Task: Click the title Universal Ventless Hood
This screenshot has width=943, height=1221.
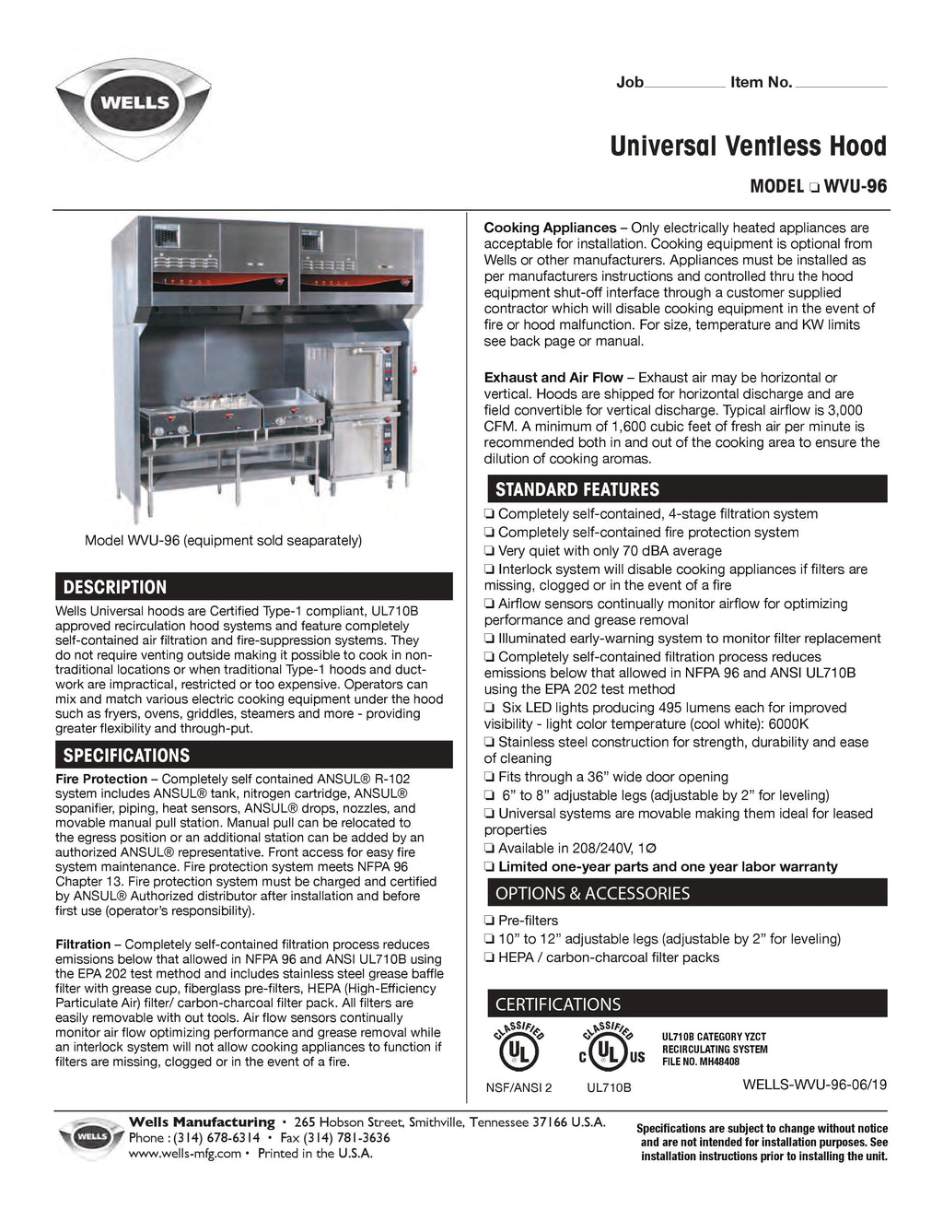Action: pyautogui.click(x=748, y=147)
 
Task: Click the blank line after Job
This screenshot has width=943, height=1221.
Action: pyautogui.click(x=684, y=84)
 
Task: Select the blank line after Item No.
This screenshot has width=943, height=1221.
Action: pyautogui.click(x=840, y=84)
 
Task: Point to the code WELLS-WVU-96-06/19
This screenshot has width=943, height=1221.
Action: pyautogui.click(x=814, y=1085)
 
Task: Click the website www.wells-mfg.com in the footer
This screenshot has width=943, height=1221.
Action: pyautogui.click(x=185, y=1153)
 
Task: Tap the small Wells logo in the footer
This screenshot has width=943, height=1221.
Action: pyautogui.click(x=90, y=1137)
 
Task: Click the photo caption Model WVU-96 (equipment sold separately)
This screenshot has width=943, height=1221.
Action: pyautogui.click(x=223, y=541)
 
